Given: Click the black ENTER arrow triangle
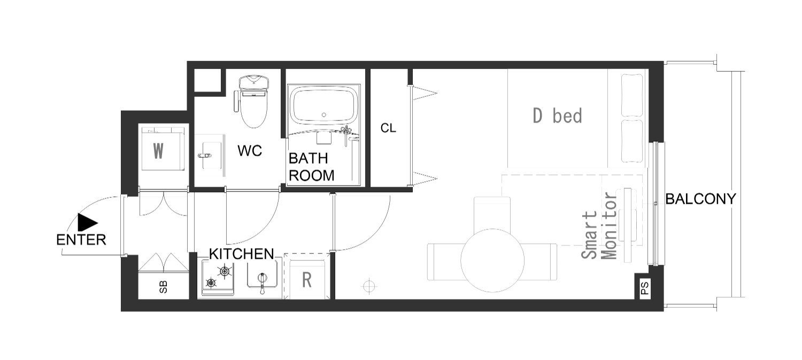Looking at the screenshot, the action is point(86,223).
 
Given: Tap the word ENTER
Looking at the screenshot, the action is point(81,240).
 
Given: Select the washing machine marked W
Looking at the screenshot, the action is point(163,149).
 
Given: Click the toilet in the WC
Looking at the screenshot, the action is point(253,101).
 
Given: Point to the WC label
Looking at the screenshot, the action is point(250,151).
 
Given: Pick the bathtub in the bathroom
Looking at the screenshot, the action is point(323,106).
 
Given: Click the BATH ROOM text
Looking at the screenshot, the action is point(312,167).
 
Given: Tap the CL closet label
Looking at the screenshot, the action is point(389,128).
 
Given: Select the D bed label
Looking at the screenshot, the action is point(558,116).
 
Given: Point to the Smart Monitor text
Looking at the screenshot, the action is point(600,226).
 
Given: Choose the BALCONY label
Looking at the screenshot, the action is point(700,199).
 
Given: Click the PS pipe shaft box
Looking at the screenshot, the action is point(644,287).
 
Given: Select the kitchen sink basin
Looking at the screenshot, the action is point(262,274).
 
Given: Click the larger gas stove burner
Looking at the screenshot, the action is point(225,272).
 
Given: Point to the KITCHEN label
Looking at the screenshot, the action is point(241,254).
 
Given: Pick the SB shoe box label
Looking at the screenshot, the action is point(163,287).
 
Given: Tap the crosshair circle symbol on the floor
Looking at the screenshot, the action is point(369,286).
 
